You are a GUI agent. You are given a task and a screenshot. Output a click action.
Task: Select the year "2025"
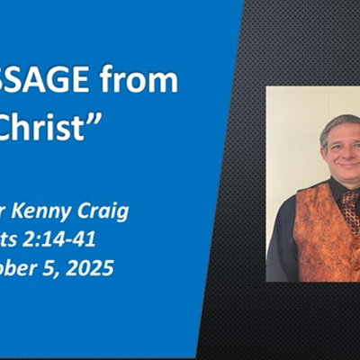pyautogui.click(x=91, y=267)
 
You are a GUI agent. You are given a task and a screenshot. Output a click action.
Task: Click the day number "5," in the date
pyautogui.click(x=53, y=267)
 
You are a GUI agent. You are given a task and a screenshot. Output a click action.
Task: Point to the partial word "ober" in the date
pyautogui.click(x=21, y=267)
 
